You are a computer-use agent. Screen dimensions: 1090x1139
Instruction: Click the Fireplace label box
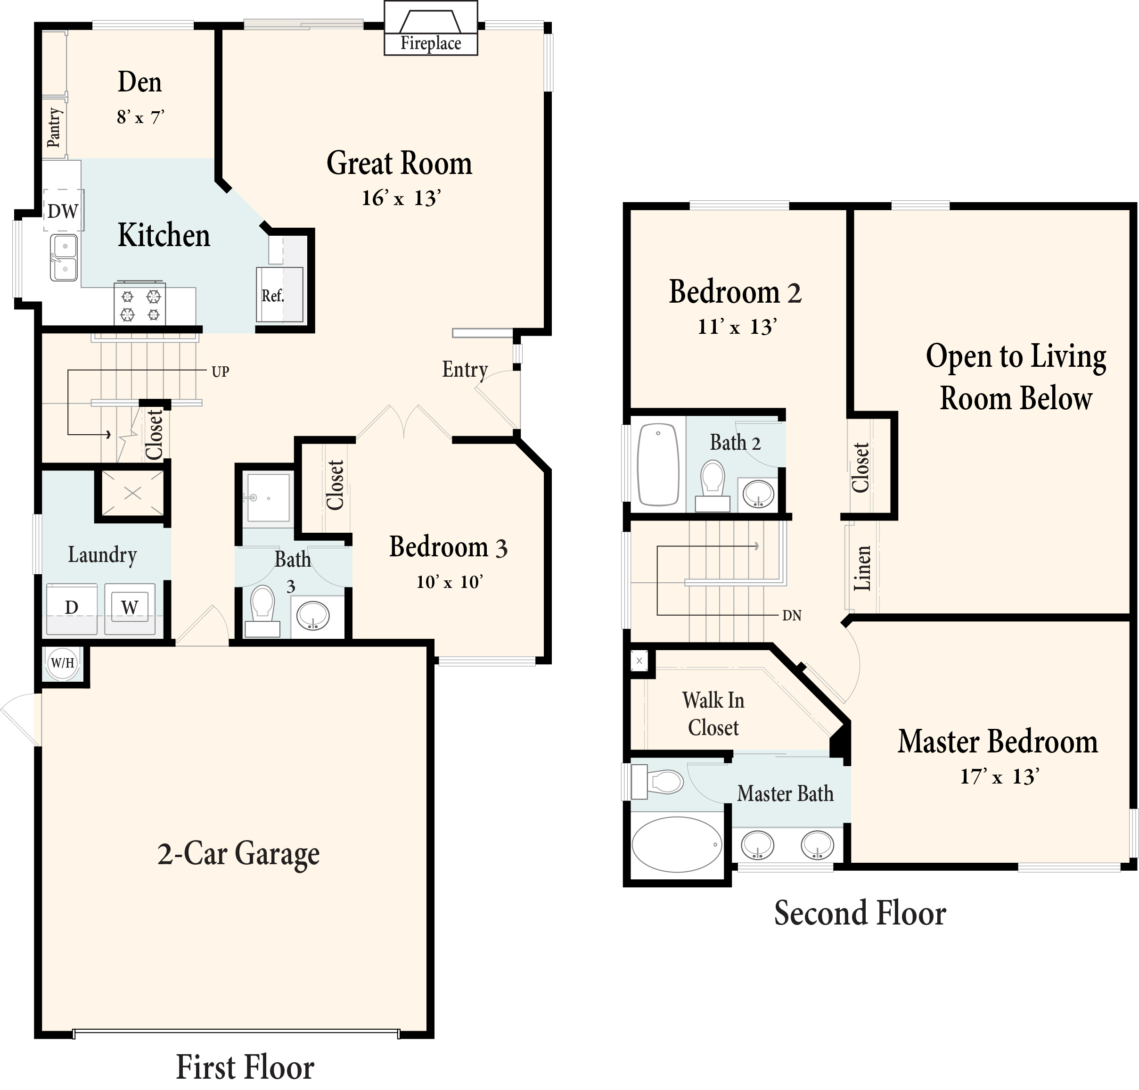[x=430, y=43]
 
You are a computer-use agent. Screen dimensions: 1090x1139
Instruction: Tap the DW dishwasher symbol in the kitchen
[x=63, y=211]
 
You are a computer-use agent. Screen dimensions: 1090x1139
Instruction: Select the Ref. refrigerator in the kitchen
[x=279, y=295]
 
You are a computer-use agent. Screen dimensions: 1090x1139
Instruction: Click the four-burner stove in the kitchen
[x=140, y=305]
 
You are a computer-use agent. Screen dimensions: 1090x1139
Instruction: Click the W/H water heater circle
[x=63, y=662]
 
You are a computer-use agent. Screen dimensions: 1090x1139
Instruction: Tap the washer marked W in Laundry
[x=130, y=608]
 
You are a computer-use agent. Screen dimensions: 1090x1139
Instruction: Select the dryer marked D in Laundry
[x=72, y=608]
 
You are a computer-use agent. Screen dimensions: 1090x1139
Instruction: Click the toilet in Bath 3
[x=262, y=609]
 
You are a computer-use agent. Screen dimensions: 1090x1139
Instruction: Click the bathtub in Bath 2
[x=657, y=465]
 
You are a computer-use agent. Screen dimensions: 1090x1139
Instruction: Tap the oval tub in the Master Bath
[x=677, y=845]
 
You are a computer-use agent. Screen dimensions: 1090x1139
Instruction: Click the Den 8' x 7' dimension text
[x=140, y=118]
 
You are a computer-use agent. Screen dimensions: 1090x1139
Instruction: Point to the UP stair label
[x=220, y=372]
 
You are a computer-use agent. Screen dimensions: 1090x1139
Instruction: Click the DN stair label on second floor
[x=792, y=616]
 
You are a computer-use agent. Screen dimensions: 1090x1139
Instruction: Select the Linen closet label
[x=862, y=568]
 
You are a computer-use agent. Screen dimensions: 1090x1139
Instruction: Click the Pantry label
[x=53, y=127]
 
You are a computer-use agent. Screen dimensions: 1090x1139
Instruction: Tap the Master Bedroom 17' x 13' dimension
[x=999, y=777]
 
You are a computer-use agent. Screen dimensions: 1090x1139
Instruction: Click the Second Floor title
[x=860, y=913]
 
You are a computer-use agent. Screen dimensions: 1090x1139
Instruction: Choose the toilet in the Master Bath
[x=659, y=782]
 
